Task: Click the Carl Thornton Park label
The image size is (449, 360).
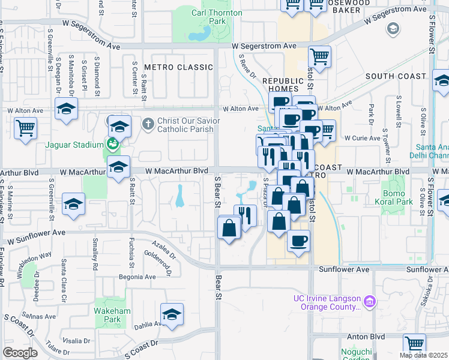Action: (217, 17)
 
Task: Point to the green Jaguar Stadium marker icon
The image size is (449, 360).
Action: (112, 144)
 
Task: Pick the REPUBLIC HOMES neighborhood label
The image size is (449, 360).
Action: (280, 85)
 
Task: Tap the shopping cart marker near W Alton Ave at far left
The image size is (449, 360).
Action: (25, 128)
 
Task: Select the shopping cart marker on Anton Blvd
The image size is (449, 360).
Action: (414, 344)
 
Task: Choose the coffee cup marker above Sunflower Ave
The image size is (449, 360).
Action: (298, 241)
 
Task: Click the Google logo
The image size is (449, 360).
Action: (20, 352)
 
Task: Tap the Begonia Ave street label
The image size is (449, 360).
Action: (136, 277)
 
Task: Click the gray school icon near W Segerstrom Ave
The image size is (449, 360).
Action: (393, 29)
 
